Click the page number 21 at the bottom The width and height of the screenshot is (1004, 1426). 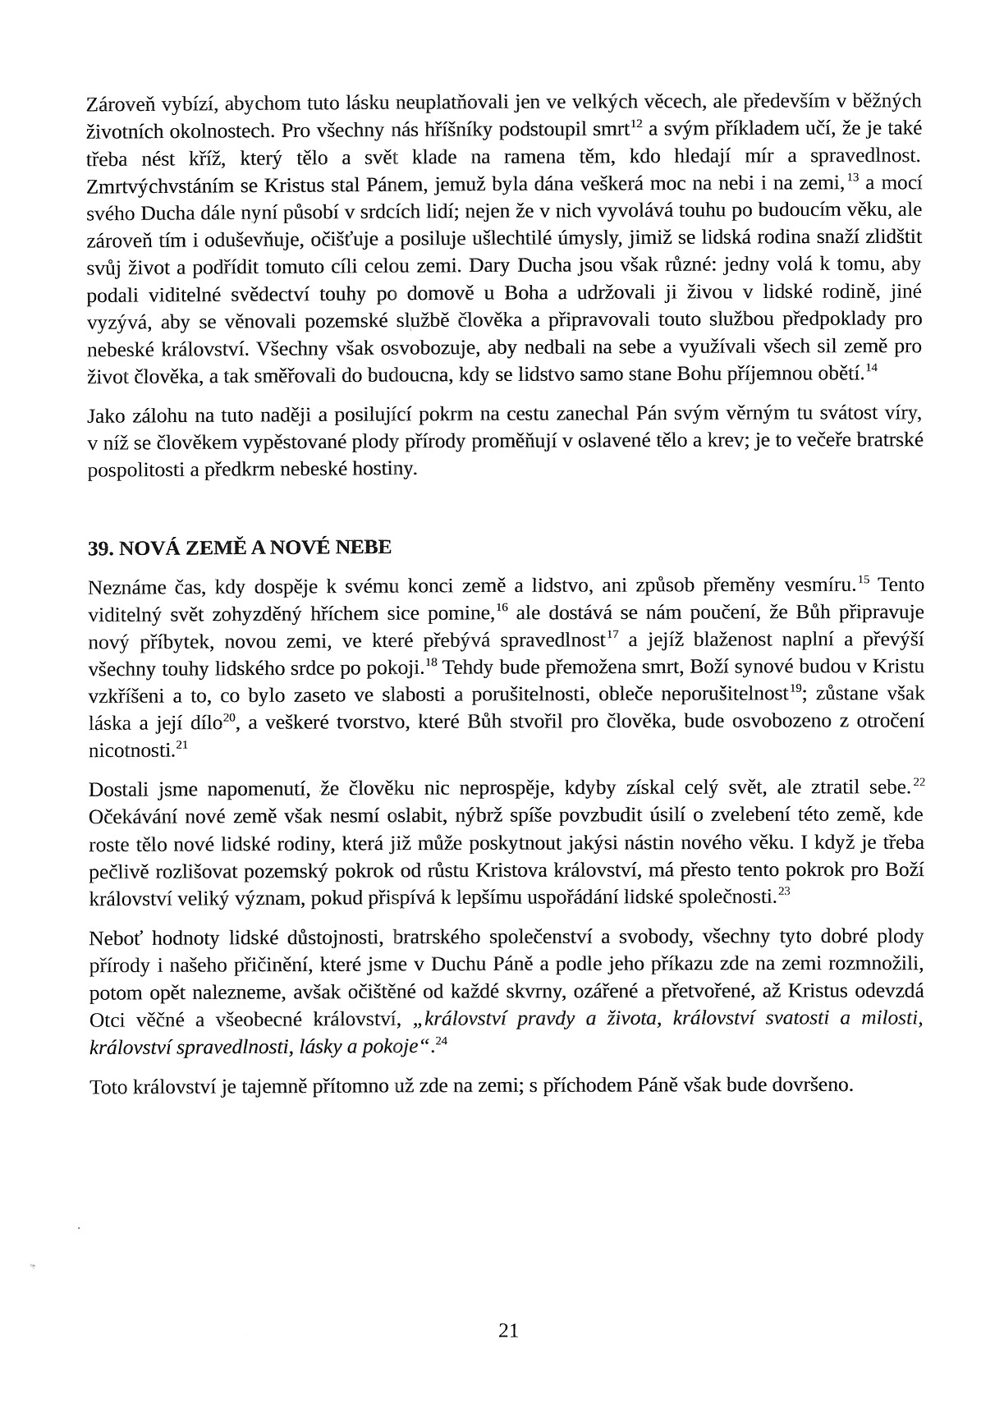tap(508, 1331)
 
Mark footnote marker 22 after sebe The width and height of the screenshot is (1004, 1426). tap(919, 782)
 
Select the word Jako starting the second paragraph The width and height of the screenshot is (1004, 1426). tap(105, 416)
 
